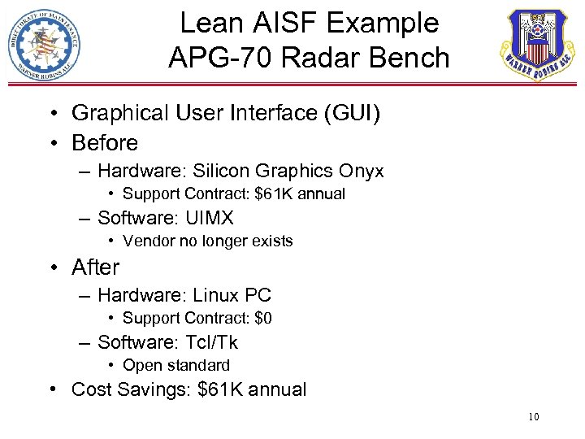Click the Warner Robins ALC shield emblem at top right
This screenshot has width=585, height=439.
(538, 46)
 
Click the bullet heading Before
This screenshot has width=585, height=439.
(105, 143)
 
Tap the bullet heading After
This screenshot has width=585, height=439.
(95, 267)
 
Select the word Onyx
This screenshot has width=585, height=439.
(362, 172)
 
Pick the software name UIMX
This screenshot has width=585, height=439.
(210, 219)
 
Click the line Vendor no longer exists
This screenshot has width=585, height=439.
(207, 241)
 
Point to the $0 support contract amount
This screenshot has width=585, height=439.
(262, 318)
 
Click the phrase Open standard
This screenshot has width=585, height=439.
(176, 366)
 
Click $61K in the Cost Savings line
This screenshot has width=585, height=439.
(220, 389)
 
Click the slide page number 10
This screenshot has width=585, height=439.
(533, 418)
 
